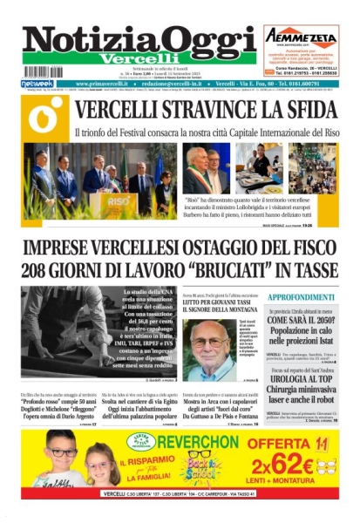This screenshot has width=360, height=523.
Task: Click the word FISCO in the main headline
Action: click(306, 246)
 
